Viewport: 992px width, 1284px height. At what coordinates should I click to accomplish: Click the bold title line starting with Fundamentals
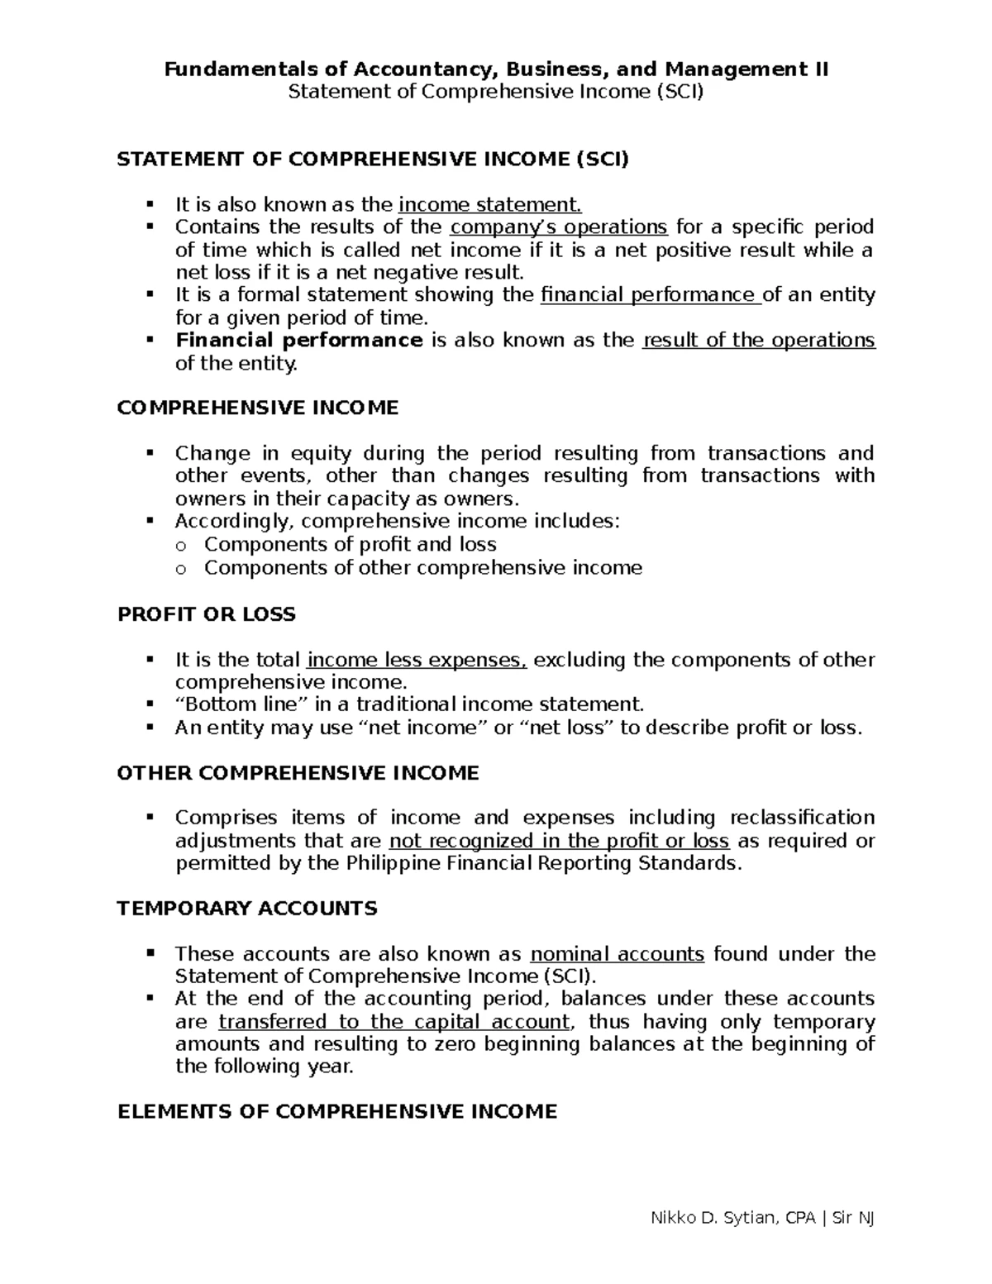496,69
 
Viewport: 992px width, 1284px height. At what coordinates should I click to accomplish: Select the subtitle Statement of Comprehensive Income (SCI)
496,91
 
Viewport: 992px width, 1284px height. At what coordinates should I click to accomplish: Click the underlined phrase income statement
490,204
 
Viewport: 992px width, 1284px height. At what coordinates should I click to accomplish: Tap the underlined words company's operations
559,227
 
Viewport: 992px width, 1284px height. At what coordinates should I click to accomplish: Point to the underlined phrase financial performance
650,295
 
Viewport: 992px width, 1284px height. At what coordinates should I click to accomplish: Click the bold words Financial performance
299,341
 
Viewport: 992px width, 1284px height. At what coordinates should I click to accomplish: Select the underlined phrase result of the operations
758,341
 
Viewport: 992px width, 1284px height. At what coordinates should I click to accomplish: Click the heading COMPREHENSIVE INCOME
258,408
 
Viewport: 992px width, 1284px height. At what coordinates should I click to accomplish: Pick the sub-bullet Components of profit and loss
351,544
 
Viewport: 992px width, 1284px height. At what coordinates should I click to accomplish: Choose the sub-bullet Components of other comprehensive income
423,568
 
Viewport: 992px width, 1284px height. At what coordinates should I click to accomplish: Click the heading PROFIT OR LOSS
207,614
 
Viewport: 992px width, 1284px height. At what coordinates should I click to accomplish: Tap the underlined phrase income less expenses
417,660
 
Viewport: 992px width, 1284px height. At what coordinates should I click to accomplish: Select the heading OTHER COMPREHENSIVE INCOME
298,773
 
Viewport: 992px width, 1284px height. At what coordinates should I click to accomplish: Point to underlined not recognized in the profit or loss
559,841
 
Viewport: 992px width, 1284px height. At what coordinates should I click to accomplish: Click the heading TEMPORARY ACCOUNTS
247,909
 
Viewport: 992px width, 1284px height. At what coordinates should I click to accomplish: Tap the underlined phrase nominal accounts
617,954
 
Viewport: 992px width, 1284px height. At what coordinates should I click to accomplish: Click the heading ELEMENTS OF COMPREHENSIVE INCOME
337,1112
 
